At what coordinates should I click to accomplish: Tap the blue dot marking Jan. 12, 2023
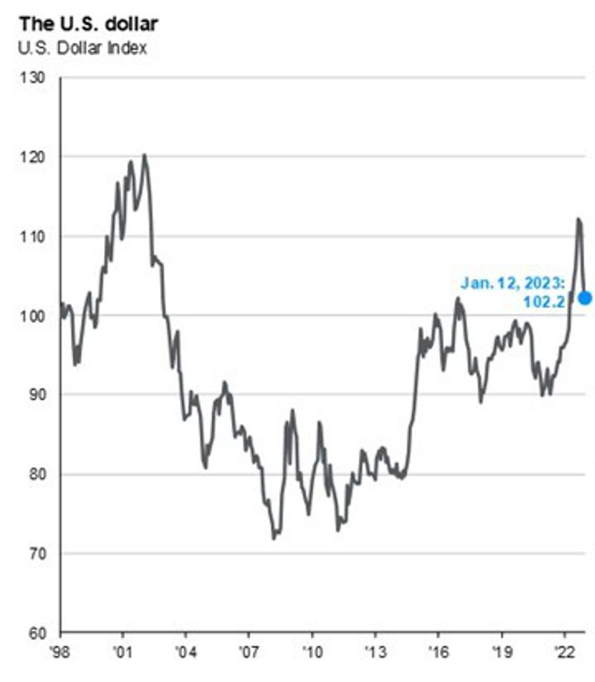(585, 297)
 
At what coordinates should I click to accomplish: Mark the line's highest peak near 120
(144, 155)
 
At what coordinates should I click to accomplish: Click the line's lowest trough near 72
(274, 537)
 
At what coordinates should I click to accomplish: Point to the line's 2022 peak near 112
(578, 219)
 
